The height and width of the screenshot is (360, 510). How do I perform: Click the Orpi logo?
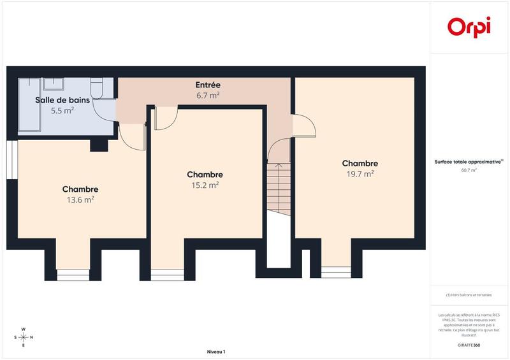coord(469,27)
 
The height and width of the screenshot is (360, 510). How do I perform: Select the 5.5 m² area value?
coord(62,110)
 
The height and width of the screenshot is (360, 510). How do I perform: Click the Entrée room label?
coord(208,85)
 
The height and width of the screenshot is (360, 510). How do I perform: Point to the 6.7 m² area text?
coord(208,95)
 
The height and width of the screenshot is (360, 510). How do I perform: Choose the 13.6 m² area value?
coord(80,199)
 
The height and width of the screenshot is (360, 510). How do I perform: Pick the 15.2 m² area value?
coord(205,185)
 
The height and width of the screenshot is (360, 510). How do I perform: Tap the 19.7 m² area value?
coord(360,173)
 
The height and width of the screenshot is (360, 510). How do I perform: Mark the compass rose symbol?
coord(24,337)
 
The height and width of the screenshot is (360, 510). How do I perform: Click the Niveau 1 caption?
coord(216,352)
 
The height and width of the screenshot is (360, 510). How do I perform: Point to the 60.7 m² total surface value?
coord(469,170)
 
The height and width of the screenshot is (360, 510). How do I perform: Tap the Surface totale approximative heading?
coord(469,162)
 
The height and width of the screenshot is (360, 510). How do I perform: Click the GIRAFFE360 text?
coord(469,344)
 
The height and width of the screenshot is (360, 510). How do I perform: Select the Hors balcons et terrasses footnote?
coord(469,295)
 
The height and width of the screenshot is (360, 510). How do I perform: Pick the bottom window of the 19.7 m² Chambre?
coord(335,270)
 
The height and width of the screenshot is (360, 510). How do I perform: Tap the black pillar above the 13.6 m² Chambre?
coord(99,146)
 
